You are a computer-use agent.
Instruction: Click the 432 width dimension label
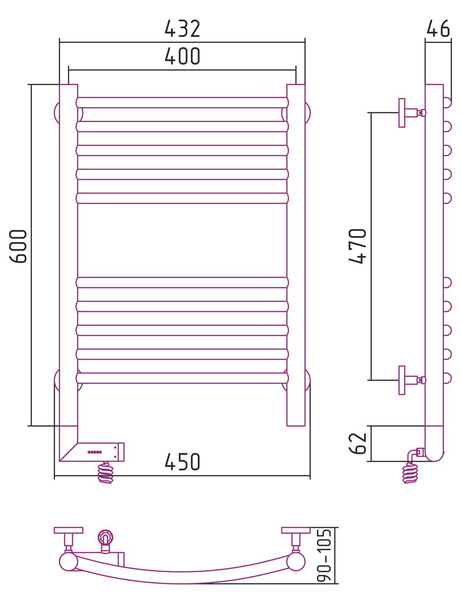click(182, 29)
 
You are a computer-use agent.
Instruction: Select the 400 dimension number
click(182, 56)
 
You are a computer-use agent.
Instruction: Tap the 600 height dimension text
click(18, 246)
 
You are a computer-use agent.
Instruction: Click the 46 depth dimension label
click(438, 28)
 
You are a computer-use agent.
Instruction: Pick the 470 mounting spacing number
click(357, 246)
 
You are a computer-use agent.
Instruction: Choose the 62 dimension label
click(357, 443)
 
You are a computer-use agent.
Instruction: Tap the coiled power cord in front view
click(106, 472)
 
